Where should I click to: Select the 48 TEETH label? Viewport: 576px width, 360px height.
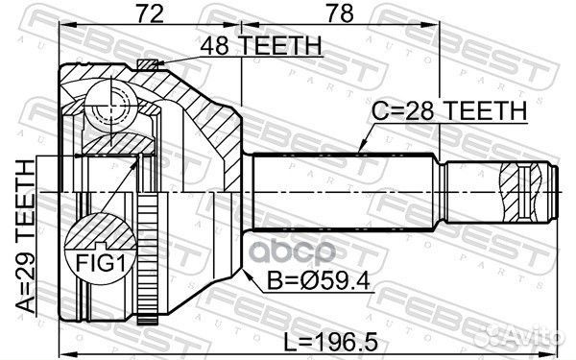(259, 45)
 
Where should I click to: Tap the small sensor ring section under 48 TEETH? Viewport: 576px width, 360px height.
(146, 65)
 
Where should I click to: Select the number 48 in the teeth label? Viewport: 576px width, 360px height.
(213, 45)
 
